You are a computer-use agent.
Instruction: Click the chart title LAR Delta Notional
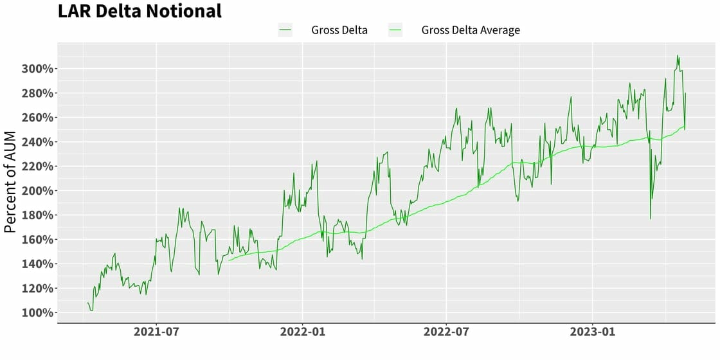[x=139, y=11]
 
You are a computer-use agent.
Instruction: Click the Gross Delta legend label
[x=339, y=30]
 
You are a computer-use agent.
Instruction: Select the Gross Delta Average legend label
[x=471, y=30]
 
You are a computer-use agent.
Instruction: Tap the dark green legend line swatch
[x=285, y=30]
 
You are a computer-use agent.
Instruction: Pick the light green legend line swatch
[x=395, y=30]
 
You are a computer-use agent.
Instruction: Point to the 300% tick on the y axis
[x=38, y=69]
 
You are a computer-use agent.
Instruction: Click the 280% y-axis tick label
[x=38, y=93]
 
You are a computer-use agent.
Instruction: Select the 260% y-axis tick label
[x=38, y=118]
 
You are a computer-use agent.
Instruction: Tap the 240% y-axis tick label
[x=38, y=142]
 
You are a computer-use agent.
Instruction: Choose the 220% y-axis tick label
[x=38, y=166]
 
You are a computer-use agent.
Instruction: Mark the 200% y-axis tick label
[x=38, y=191]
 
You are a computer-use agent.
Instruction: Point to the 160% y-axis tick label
[x=38, y=240]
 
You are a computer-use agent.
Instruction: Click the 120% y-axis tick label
[x=38, y=289]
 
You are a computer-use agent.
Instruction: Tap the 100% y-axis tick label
[x=38, y=313]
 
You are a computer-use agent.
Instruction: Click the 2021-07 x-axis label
[x=156, y=333]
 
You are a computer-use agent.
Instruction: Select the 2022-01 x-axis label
[x=302, y=333]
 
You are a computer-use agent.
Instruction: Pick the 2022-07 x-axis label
[x=446, y=333]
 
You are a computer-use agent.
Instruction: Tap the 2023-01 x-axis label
[x=592, y=333]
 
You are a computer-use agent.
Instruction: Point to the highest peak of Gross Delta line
[x=677, y=56]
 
